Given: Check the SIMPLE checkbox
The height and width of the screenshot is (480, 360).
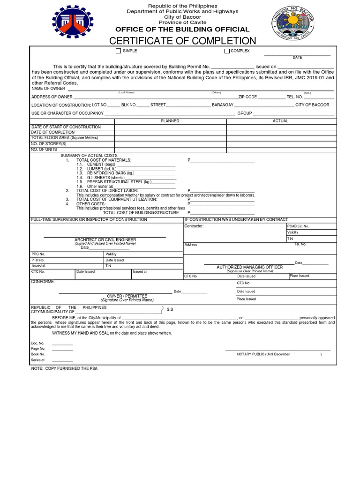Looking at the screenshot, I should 118,51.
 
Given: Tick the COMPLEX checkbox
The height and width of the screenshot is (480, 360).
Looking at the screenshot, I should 227,51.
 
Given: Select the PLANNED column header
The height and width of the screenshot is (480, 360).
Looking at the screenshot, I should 170,121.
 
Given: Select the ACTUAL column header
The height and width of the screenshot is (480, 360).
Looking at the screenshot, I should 280,121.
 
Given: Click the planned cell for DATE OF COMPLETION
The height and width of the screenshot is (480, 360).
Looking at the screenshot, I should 170,133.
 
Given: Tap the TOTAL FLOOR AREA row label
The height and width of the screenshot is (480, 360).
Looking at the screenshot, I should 65,138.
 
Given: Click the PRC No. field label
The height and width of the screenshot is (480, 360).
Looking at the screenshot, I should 38,254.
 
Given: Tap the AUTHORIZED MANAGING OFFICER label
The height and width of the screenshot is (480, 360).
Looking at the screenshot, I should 249,267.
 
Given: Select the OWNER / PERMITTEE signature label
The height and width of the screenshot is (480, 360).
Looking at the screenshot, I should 127,296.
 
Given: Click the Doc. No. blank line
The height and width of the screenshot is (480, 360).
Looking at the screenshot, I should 62,344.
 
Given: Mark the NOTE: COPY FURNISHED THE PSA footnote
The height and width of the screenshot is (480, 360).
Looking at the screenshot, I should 64,369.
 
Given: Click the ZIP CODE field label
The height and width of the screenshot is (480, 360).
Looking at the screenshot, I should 247,97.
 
